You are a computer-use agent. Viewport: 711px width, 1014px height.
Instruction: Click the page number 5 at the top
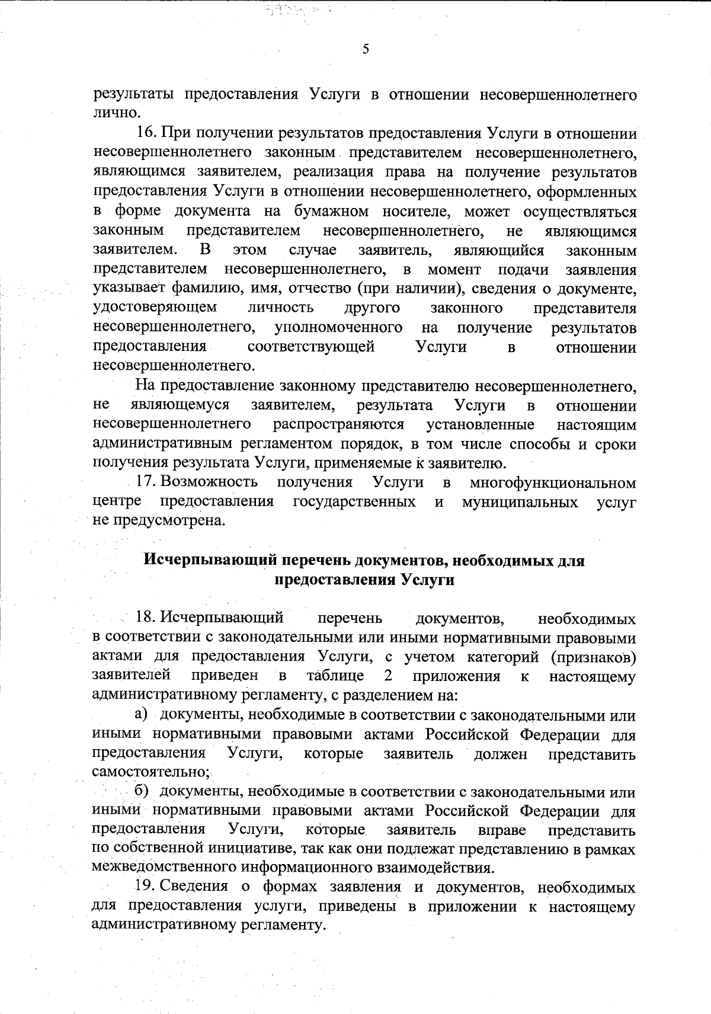[366, 49]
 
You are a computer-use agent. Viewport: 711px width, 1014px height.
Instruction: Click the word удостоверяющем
[155, 308]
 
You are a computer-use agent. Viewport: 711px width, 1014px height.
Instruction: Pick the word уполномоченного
[338, 328]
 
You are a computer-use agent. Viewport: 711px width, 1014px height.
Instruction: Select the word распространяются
[338, 425]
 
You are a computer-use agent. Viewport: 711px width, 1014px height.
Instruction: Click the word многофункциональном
[553, 483]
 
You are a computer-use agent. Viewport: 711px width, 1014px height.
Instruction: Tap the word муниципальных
[520, 503]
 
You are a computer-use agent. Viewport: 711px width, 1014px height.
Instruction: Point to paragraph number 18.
[146, 619]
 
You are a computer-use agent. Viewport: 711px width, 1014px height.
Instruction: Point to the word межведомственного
[164, 868]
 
